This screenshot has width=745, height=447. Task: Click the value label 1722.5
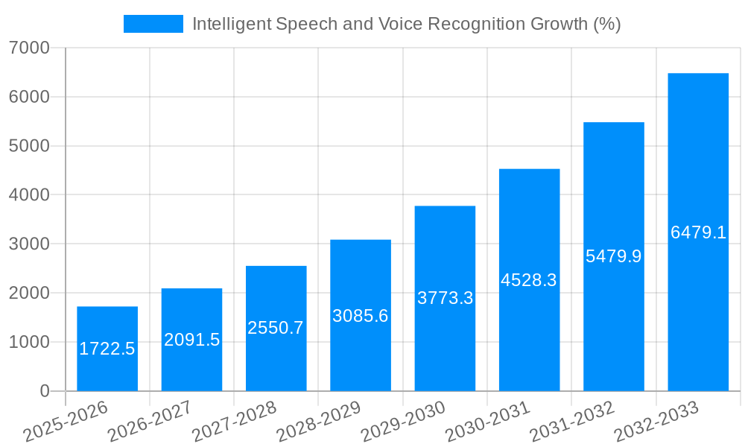point(107,349)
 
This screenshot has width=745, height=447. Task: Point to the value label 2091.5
point(192,340)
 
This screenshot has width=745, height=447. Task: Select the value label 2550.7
point(276,328)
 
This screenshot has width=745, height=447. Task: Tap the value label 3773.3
point(445,298)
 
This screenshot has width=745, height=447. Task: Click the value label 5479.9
point(614,256)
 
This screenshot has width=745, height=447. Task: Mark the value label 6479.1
point(698,232)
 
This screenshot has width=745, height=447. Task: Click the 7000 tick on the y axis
point(29,48)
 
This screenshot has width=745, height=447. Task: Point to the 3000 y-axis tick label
point(29,244)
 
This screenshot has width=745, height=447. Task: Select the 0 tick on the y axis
point(44,391)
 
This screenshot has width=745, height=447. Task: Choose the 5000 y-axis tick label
point(29,146)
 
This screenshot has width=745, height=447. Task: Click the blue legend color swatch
point(153,24)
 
